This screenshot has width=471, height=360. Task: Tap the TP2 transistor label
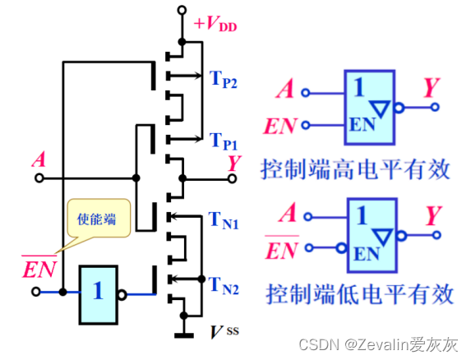(223, 80)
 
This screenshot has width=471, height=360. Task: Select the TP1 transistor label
(223, 139)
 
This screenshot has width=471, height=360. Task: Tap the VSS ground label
(219, 332)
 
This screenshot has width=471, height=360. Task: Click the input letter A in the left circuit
(38, 159)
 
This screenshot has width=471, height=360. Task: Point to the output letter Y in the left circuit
(235, 163)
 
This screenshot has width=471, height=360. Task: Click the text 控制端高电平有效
(355, 169)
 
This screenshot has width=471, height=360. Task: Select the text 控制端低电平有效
(355, 293)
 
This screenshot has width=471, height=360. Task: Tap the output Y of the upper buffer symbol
(431, 88)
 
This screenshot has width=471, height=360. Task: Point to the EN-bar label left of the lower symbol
(281, 249)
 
